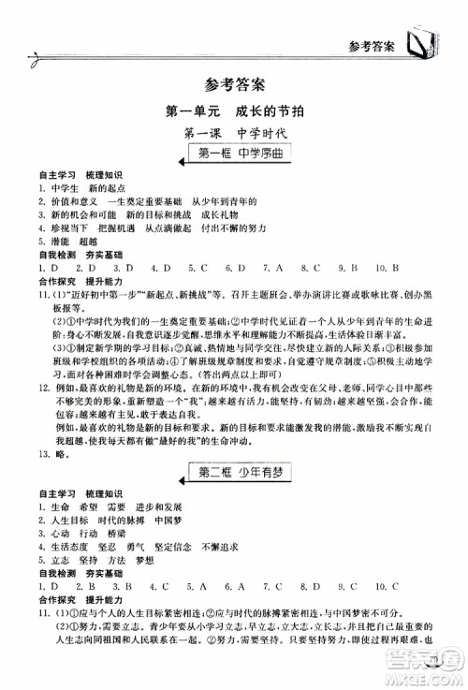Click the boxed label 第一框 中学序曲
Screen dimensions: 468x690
click(x=234, y=154)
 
